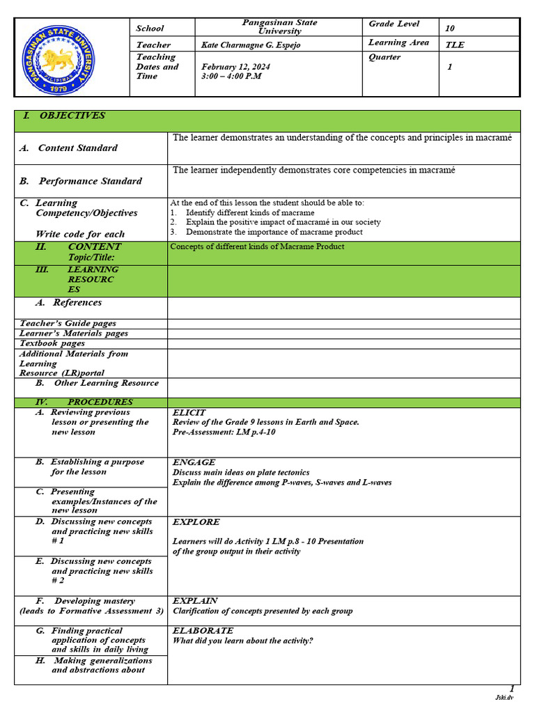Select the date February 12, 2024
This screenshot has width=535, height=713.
tap(235, 67)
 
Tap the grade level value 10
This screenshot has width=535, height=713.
tap(449, 29)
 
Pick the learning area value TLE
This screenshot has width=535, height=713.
tap(454, 45)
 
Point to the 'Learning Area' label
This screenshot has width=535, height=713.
tap(398, 43)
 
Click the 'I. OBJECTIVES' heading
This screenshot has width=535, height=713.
tap(63, 116)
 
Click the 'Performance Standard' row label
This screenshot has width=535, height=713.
tap(80, 181)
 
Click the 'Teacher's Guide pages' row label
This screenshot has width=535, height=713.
tap(68, 323)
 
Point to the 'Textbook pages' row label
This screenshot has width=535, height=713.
tap(52, 343)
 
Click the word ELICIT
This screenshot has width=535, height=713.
tap(189, 413)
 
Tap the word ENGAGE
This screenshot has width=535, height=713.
tap(194, 462)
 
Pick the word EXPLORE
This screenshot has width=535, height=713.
tap(196, 522)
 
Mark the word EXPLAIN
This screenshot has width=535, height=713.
tap(195, 600)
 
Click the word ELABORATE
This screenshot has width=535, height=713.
tap(203, 630)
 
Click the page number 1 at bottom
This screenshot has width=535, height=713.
tap(512, 688)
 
